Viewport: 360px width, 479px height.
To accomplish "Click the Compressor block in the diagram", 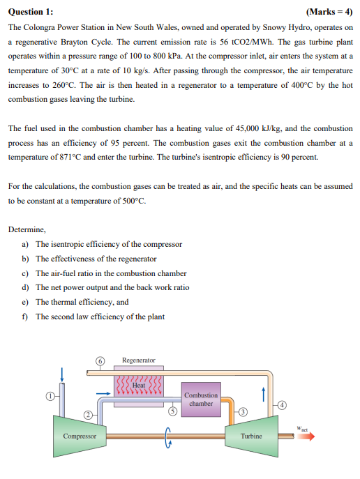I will [x=80, y=436].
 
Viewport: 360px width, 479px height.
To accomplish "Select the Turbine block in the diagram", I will [x=251, y=436].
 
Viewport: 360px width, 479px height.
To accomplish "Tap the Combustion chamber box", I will [x=201, y=400].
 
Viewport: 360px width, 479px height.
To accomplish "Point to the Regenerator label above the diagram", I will [x=139, y=360].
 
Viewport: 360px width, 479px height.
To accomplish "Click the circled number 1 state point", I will [x=50, y=396].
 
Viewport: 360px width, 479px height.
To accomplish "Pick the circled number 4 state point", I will [x=283, y=404].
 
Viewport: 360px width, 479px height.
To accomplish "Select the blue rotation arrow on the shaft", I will [x=168, y=438].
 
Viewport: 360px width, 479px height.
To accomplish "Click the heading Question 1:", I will [x=31, y=13].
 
